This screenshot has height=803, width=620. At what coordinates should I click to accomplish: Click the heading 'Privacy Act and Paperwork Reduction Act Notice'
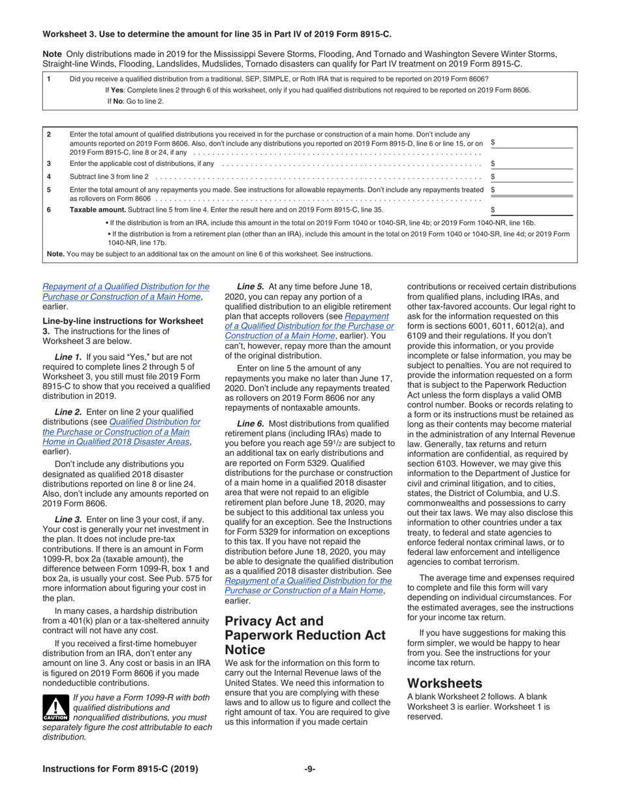point(305,635)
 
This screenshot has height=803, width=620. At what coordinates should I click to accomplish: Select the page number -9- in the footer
point(310,769)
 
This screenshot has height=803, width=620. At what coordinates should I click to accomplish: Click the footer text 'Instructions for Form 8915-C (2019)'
point(120,769)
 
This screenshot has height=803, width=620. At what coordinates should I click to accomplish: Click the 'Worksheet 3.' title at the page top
point(71,33)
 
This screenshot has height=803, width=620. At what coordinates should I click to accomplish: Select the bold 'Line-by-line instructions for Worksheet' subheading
point(123,321)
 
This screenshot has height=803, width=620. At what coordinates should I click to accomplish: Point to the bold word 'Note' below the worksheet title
point(52,54)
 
